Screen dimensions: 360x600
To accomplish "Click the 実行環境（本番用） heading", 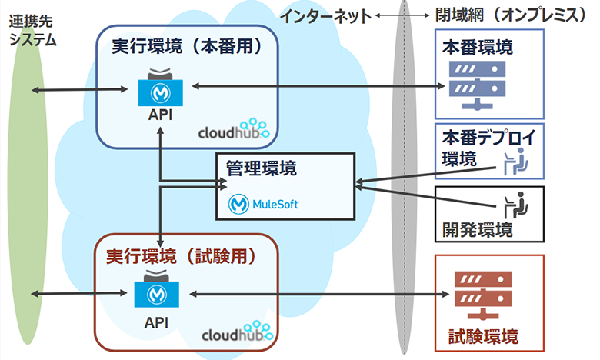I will pos(187,46).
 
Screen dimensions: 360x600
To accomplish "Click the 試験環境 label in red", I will pos(482,335).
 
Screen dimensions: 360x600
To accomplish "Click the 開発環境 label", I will pos(477,228).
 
